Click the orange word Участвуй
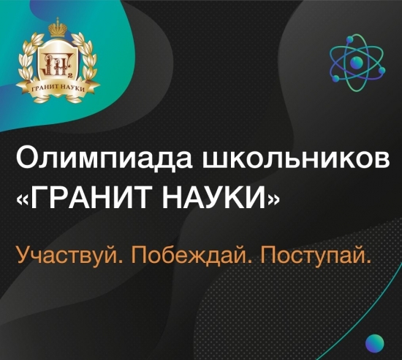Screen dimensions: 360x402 pos(62,256)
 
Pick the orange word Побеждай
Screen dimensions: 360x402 pos(182,256)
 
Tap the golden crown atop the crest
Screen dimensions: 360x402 pos(57,30)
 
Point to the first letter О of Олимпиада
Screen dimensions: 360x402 pos(25,158)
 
